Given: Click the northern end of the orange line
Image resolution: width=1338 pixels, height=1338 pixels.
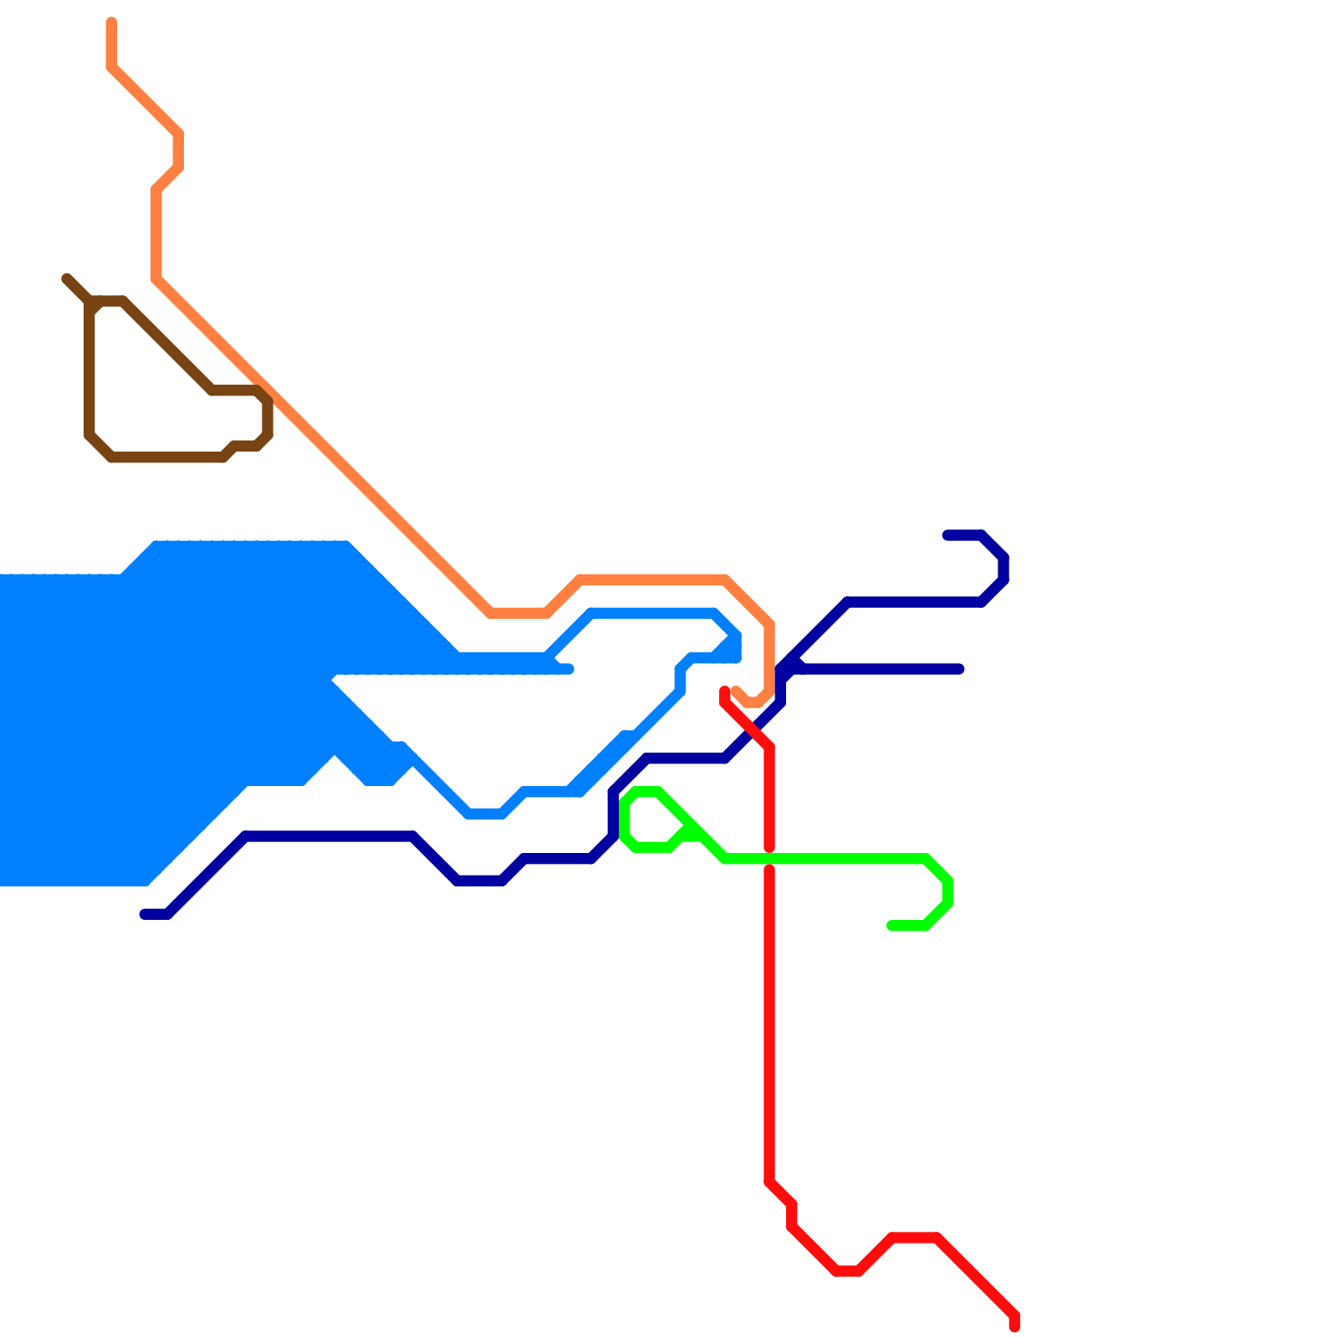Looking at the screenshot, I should [111, 21].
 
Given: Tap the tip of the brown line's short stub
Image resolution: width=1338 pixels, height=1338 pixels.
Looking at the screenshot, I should [66, 278].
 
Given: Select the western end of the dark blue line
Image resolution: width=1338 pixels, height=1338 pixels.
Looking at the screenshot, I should [144, 914].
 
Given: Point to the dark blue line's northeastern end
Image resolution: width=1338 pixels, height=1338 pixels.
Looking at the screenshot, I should [947, 535].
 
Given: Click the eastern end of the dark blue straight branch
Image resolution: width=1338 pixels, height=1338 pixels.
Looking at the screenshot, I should [961, 669].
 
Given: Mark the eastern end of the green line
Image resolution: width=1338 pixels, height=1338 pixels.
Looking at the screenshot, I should [891, 926].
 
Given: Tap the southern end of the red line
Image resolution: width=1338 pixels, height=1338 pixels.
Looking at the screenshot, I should [1014, 1327].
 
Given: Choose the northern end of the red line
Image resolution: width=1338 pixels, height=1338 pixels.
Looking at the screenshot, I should [725, 691].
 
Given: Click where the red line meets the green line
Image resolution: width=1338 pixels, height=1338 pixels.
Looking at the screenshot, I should [769, 859].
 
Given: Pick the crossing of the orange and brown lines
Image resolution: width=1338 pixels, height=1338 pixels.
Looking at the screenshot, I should [263, 391].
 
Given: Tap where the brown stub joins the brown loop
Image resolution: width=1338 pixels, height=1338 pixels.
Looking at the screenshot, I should [90, 301].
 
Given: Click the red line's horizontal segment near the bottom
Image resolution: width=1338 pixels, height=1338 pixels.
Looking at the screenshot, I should [915, 1238].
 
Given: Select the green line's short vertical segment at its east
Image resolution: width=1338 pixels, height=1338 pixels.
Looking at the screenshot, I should [947, 891].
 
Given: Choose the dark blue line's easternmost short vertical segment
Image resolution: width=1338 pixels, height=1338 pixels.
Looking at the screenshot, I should [1004, 569].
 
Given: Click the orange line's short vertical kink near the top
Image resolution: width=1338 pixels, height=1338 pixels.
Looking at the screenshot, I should [178, 151].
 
